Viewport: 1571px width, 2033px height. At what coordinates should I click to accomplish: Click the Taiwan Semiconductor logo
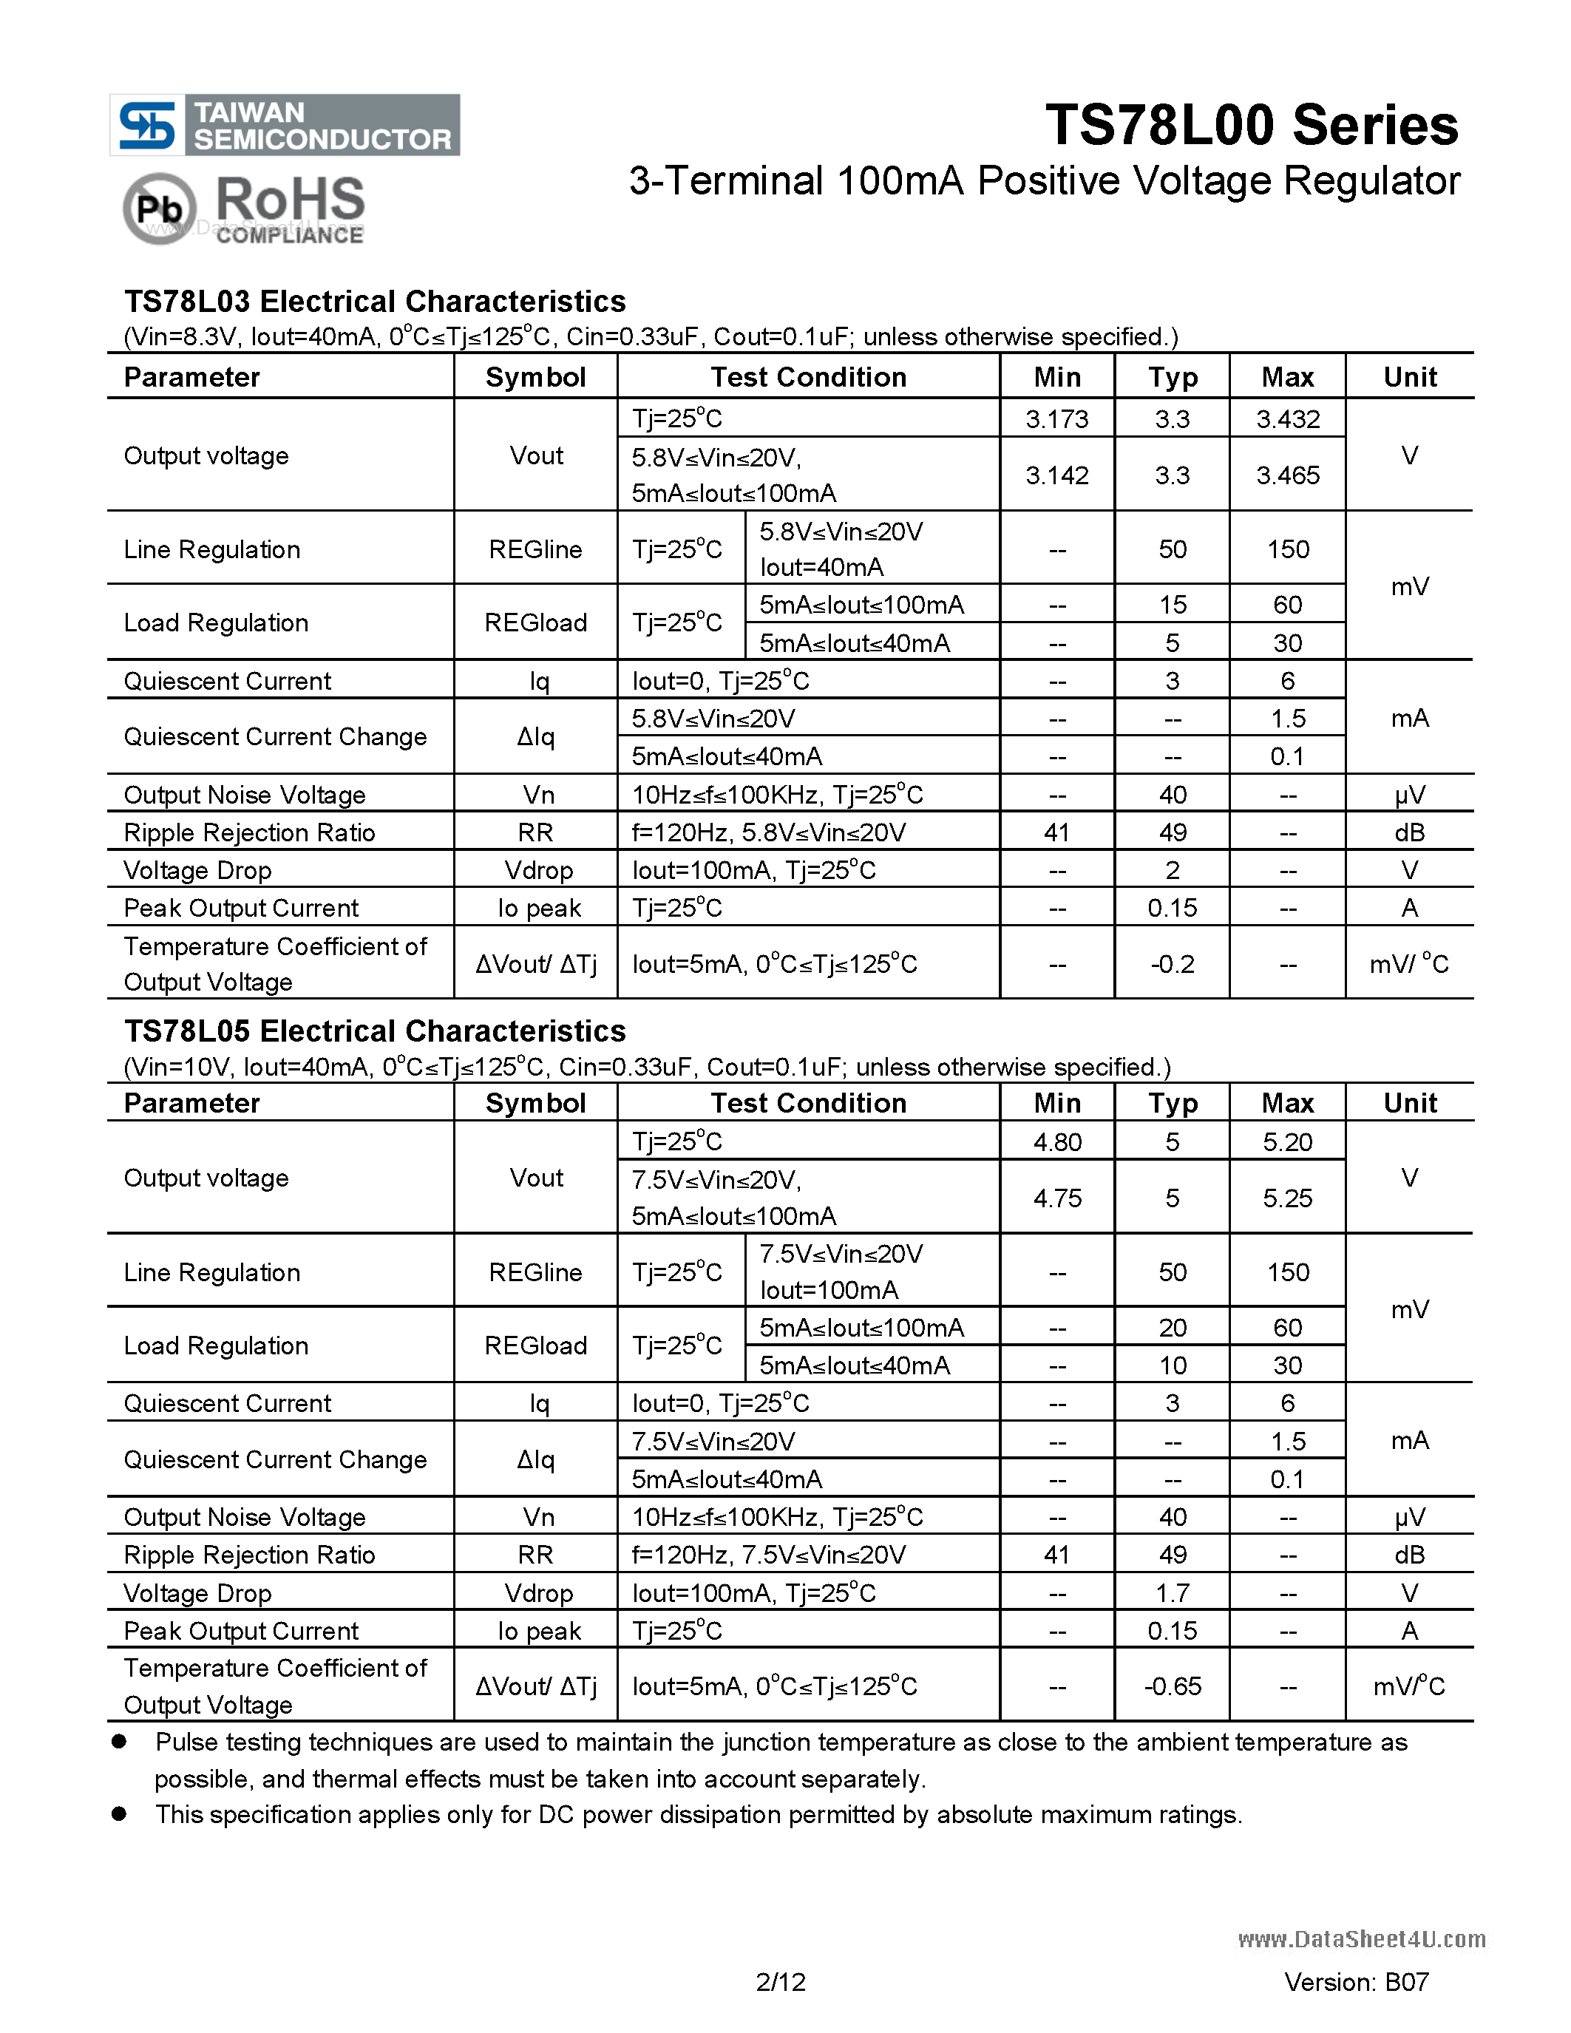(x=284, y=125)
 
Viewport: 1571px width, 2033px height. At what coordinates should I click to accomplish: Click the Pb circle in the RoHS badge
(x=159, y=208)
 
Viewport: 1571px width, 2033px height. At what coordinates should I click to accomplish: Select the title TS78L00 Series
(x=1252, y=125)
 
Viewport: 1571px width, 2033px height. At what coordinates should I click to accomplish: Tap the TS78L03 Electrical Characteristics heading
(x=374, y=302)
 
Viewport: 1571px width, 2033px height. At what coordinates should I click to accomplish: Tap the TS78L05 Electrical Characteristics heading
(x=374, y=1031)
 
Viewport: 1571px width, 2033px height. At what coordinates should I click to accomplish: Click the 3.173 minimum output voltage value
(x=1056, y=419)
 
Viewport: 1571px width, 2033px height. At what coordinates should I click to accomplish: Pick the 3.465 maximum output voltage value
(x=1287, y=475)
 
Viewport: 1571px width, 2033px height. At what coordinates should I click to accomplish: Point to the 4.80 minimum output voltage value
(x=1056, y=1142)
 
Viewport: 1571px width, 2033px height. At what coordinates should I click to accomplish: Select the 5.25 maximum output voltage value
(x=1287, y=1198)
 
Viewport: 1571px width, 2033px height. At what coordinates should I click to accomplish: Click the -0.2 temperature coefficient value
(x=1172, y=964)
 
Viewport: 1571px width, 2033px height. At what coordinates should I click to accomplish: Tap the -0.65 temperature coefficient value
(x=1172, y=1687)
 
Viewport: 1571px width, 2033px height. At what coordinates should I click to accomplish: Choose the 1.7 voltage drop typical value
(x=1172, y=1592)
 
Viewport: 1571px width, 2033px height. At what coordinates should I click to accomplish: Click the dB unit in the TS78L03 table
(x=1409, y=833)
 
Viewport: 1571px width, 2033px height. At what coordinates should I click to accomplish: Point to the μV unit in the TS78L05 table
(x=1409, y=1517)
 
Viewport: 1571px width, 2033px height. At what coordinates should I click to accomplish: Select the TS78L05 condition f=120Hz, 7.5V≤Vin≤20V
(x=769, y=1555)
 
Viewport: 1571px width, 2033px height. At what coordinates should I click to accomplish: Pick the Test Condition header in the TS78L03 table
(x=808, y=377)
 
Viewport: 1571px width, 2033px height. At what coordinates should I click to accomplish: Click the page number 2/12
(x=781, y=1982)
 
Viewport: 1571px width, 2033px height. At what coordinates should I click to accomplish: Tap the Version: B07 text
(x=1356, y=1982)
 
